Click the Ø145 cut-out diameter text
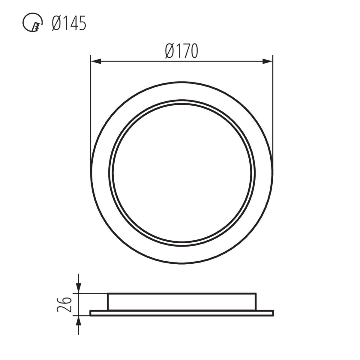tap(69, 23)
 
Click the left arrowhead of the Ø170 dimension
tap(95, 61)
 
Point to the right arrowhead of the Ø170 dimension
tap(268, 61)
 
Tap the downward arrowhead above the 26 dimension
tap(78, 288)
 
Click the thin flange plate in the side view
tap(181, 313)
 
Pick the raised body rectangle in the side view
tap(181, 301)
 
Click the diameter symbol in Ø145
tap(57, 23)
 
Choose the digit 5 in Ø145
tap(82, 23)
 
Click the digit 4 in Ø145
tap(73, 23)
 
